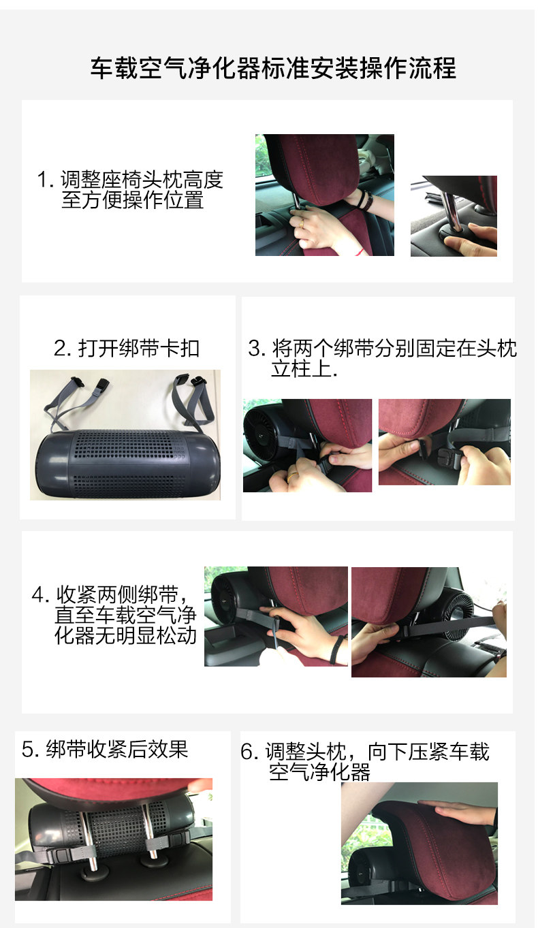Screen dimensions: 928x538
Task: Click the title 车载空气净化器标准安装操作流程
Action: [273, 68]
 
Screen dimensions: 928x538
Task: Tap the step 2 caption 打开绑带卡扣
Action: [127, 349]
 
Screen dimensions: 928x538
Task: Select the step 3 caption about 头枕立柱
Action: [381, 359]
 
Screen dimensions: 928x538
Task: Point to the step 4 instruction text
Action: [114, 613]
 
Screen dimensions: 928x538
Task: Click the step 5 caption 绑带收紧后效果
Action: [105, 749]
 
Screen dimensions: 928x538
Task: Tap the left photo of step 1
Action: [324, 195]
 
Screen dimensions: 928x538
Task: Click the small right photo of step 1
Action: [454, 216]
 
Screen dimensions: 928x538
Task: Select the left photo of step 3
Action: [307, 445]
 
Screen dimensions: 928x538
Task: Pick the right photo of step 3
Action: [444, 442]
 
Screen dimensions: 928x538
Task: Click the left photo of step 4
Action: [276, 616]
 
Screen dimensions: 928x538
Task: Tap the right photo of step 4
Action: [428, 622]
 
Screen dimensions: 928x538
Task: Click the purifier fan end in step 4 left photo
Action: [229, 599]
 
